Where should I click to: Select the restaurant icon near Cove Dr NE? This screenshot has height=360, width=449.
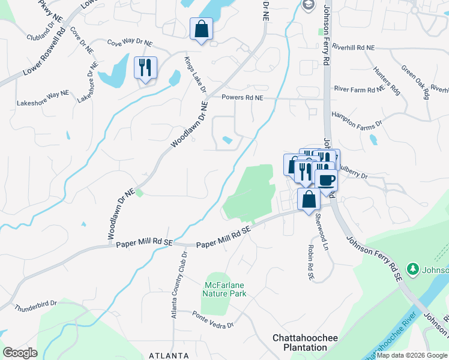145,68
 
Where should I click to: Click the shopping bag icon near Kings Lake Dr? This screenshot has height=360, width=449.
201,29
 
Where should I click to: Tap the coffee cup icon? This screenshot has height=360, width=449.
326,180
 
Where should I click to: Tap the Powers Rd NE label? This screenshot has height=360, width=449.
243,97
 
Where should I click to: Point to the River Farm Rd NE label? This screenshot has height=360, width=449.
359,89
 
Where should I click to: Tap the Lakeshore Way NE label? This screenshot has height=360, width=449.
43,94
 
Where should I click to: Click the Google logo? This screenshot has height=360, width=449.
20,353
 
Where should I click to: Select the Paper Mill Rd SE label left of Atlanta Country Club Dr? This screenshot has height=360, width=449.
144,244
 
